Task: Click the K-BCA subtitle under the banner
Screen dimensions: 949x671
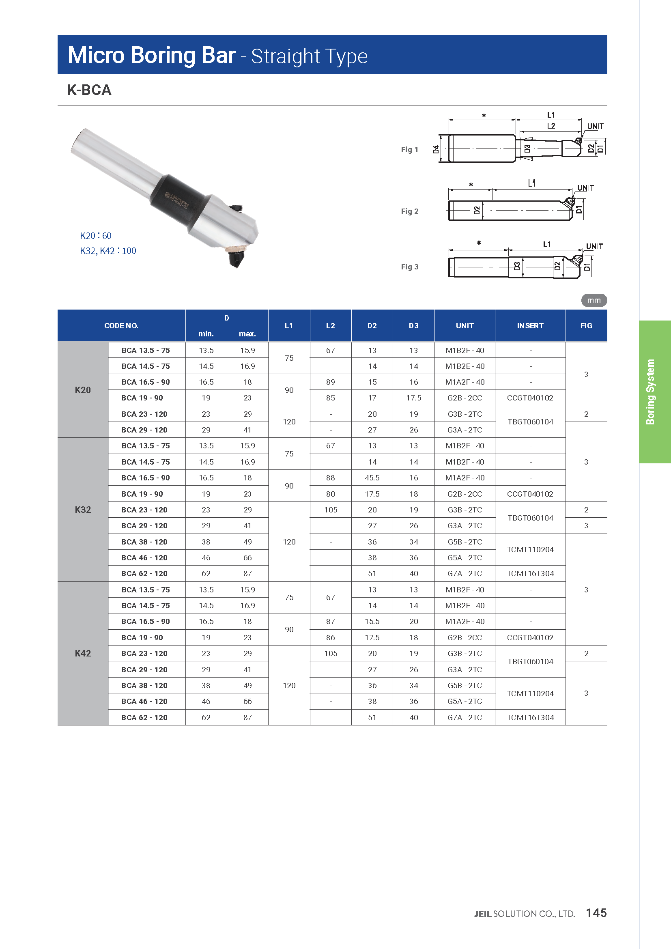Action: click(x=89, y=90)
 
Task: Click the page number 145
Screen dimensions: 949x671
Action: click(x=596, y=912)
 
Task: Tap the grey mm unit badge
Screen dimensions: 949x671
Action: click(x=594, y=300)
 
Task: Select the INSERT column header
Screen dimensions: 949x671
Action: click(x=530, y=326)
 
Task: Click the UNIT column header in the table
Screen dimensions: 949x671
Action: click(x=465, y=326)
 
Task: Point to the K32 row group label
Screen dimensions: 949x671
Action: click(x=83, y=510)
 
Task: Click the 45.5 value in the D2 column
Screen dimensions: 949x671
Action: click(x=372, y=478)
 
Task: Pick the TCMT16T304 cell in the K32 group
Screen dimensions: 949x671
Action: click(x=530, y=573)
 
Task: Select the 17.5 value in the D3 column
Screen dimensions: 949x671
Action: click(x=413, y=398)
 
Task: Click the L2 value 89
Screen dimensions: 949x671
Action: click(x=331, y=382)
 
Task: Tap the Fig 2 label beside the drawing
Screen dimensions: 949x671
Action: click(x=409, y=211)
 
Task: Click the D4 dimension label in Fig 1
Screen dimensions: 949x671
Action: click(x=436, y=149)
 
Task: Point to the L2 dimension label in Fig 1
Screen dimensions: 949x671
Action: click(x=551, y=126)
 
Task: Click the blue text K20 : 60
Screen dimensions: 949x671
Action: click(x=95, y=236)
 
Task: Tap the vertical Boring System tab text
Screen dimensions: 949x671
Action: click(x=650, y=392)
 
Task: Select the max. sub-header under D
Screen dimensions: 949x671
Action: click(x=247, y=334)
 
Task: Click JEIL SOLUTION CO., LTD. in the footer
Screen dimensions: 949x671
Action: click(x=524, y=914)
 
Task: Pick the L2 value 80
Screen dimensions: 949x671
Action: click(x=331, y=494)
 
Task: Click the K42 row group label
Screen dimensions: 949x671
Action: click(x=83, y=653)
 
